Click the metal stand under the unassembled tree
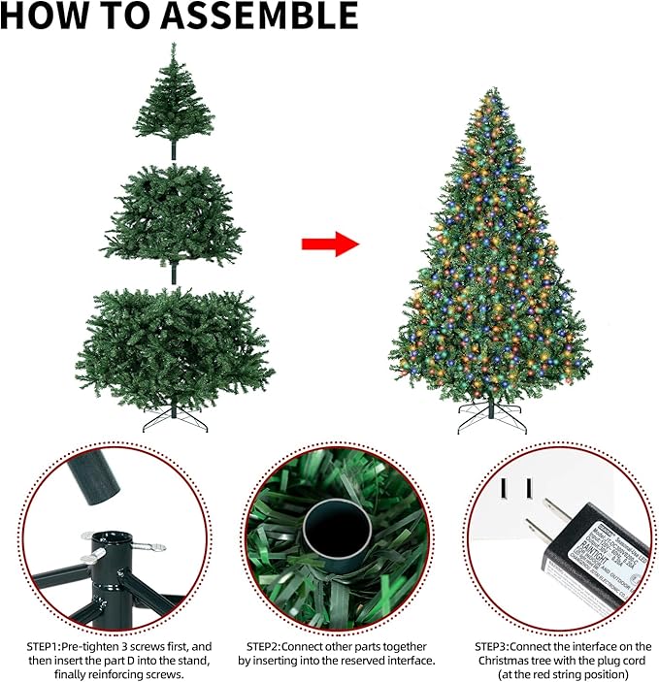point(174,420)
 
